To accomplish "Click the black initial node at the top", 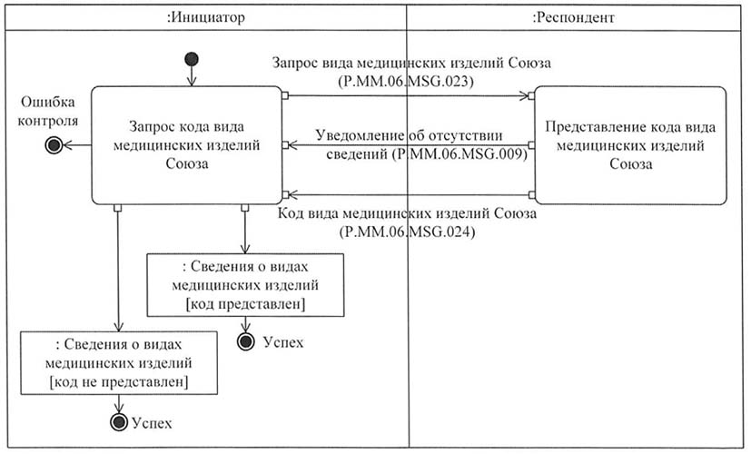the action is pyautogui.click(x=192, y=59).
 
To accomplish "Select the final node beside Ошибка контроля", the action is pyautogui.click(x=54, y=144).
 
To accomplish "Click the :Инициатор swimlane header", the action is pyautogui.click(x=206, y=18).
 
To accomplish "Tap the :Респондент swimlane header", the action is pyautogui.click(x=573, y=18).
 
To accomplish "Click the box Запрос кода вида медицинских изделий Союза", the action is pyautogui.click(x=187, y=145).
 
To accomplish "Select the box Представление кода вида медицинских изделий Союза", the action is pyautogui.click(x=630, y=145).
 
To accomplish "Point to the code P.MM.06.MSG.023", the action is pyautogui.click(x=406, y=82).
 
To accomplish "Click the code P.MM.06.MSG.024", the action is pyautogui.click(x=407, y=232).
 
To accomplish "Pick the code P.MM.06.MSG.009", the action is pyautogui.click(x=459, y=154).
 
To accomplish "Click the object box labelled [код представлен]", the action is pyautogui.click(x=245, y=285).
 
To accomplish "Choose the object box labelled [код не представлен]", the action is pyautogui.click(x=119, y=363).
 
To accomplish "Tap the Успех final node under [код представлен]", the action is pyautogui.click(x=246, y=341).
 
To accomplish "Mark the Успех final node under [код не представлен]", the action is pyautogui.click(x=119, y=422).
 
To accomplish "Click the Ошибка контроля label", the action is pyautogui.click(x=48, y=111).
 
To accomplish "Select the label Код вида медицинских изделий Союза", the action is pyautogui.click(x=407, y=213).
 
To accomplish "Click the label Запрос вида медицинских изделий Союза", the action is pyautogui.click(x=411, y=63).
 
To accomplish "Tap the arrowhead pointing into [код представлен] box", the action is pyautogui.click(x=245, y=249).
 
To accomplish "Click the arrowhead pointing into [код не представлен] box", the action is pyautogui.click(x=118, y=327).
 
